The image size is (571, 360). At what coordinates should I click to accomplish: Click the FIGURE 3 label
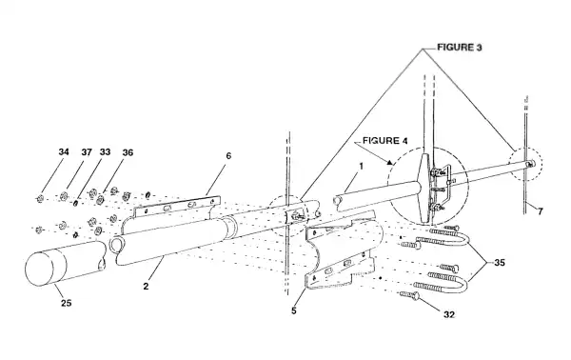pyautogui.click(x=460, y=48)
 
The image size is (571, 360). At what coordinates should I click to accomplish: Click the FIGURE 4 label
pyautogui.click(x=384, y=141)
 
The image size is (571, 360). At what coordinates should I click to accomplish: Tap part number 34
pyautogui.click(x=64, y=151)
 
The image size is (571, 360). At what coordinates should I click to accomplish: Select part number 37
pyautogui.click(x=87, y=152)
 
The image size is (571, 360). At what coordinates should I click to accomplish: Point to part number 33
pyautogui.click(x=105, y=151)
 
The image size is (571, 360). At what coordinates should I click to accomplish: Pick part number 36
pyautogui.click(x=128, y=152)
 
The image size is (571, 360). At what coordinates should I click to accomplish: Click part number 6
pyautogui.click(x=228, y=155)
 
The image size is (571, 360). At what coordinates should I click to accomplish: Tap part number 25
pyautogui.click(x=67, y=303)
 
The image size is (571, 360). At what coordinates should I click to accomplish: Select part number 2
pyautogui.click(x=146, y=286)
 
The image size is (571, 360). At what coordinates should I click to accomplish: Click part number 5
pyautogui.click(x=294, y=310)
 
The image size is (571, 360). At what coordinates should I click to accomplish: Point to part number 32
pyautogui.click(x=449, y=314)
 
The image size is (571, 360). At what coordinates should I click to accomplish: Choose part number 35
pyautogui.click(x=500, y=262)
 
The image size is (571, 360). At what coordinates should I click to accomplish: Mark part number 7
pyautogui.click(x=540, y=211)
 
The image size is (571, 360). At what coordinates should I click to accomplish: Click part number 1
pyautogui.click(x=362, y=166)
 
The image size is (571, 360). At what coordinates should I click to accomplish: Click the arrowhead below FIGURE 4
pyautogui.click(x=389, y=162)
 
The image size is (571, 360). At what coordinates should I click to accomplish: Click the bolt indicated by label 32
pyautogui.click(x=409, y=295)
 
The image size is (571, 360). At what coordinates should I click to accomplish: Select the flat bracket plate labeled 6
pyautogui.click(x=177, y=207)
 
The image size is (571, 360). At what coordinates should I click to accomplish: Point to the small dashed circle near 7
pyautogui.click(x=526, y=164)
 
